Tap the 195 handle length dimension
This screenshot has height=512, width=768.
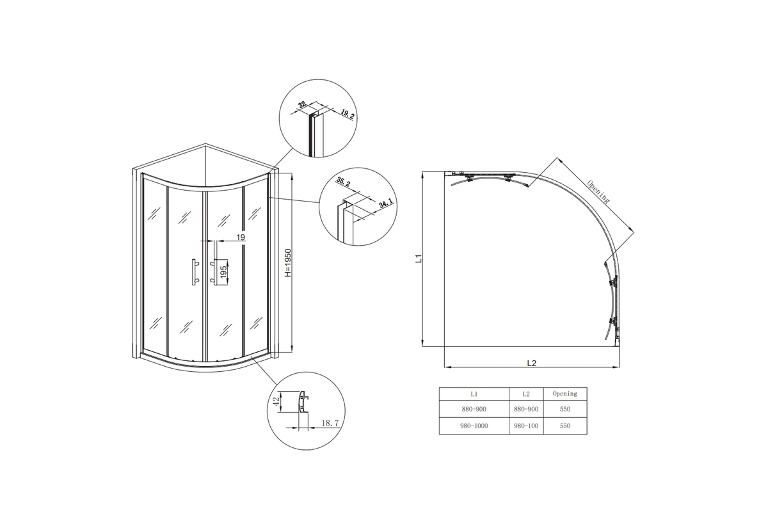[x=223, y=271]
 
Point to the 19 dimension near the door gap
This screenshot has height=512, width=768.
[x=241, y=237]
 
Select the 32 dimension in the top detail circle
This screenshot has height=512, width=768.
[x=302, y=104]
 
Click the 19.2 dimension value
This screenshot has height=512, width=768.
[x=348, y=114]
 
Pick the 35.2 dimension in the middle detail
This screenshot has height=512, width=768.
[x=343, y=182]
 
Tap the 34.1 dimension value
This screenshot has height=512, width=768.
[x=385, y=204]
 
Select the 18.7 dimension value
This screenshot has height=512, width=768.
[x=330, y=423]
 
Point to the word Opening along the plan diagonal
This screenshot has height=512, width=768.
[x=598, y=191]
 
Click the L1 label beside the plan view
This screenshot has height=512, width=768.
[x=419, y=259]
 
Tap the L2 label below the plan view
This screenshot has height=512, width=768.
[x=531, y=363]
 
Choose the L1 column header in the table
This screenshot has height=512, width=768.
[x=474, y=394]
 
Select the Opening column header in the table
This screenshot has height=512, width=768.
[x=564, y=394]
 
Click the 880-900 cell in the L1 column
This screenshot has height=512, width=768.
[x=474, y=409]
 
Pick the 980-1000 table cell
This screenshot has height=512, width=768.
[x=474, y=426]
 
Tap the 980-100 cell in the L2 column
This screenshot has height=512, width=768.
[x=526, y=426]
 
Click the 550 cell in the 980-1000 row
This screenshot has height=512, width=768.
[x=564, y=426]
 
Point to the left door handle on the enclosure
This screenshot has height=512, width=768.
[x=195, y=271]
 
